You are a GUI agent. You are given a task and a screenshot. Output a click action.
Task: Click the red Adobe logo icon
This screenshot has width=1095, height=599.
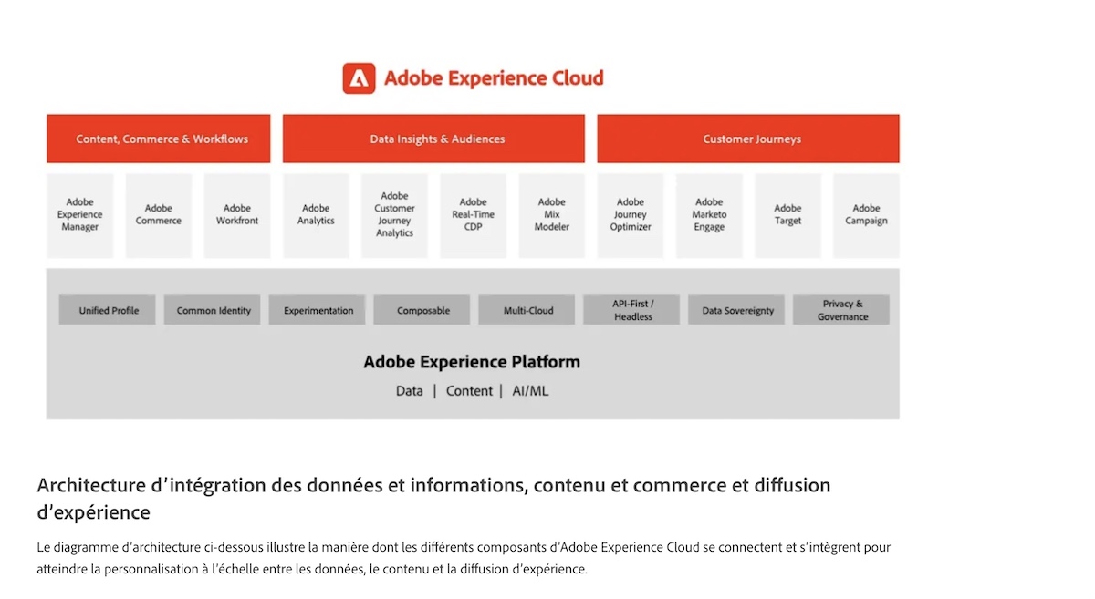coord(359,78)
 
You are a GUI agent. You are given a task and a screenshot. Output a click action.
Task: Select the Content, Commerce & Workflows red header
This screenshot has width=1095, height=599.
coord(159,139)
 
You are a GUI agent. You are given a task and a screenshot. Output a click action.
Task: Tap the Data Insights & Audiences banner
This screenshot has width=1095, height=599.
coord(433,139)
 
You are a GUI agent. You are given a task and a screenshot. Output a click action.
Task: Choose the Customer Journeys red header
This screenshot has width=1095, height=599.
coord(748,139)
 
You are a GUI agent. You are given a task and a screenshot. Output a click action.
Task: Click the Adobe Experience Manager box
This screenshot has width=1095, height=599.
coord(80,215)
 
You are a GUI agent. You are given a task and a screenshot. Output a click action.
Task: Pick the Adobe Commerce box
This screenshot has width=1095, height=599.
coord(159,215)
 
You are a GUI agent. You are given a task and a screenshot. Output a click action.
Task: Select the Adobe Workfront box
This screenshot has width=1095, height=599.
coord(237,215)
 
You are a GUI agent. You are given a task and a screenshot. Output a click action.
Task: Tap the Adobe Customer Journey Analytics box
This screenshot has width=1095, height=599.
coord(394,215)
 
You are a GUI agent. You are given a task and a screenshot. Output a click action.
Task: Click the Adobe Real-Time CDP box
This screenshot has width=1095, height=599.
coord(474,215)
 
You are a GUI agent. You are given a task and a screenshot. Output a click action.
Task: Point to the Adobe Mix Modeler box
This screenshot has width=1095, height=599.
coord(552,215)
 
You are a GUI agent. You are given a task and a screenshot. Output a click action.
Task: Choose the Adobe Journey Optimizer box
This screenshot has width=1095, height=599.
coord(631,215)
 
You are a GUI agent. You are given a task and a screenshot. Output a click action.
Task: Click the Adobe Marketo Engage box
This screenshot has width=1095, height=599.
coord(709,215)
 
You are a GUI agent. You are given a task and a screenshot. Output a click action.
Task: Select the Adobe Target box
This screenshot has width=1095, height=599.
coord(787,215)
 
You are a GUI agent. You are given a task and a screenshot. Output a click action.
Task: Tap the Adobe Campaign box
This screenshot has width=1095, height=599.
coord(866,215)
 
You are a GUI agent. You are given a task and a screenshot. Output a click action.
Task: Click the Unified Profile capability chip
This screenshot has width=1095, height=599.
coord(107,310)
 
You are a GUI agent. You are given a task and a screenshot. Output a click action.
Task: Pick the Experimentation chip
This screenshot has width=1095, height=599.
coord(317,310)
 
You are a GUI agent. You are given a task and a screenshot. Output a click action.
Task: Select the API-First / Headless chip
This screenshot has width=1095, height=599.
coord(631,310)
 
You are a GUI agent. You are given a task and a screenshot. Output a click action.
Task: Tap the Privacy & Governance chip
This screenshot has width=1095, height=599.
coord(840,310)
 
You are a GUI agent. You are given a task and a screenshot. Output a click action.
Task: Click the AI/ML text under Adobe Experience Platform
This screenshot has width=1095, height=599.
coord(530,391)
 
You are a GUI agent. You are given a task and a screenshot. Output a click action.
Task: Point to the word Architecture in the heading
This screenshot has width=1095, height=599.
coord(91,486)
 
